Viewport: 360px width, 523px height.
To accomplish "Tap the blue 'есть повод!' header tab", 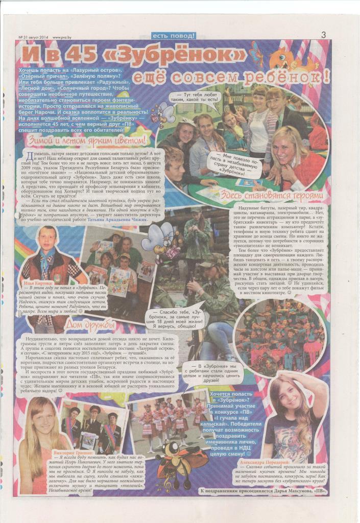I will click(174, 36).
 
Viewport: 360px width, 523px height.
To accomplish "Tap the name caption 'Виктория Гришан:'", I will click(72, 453).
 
